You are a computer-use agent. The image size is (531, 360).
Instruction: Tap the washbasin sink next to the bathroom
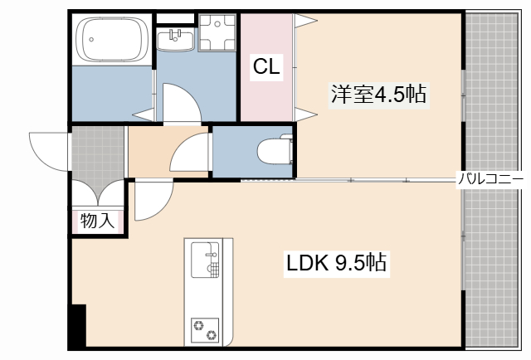point(175,36)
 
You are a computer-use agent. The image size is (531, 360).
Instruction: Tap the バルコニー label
point(490,178)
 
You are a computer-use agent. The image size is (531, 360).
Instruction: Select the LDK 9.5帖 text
point(337,264)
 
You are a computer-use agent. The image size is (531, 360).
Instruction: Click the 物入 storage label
point(96,221)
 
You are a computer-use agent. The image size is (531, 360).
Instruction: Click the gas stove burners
point(205,328)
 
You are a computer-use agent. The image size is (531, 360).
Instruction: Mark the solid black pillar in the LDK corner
point(77,326)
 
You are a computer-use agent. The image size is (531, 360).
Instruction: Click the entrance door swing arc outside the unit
point(48,149)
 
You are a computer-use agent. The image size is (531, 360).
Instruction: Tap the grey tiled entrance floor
point(97,153)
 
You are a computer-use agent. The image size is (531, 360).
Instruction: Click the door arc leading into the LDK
point(152,200)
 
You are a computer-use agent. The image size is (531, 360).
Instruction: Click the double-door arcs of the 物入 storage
point(97,193)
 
